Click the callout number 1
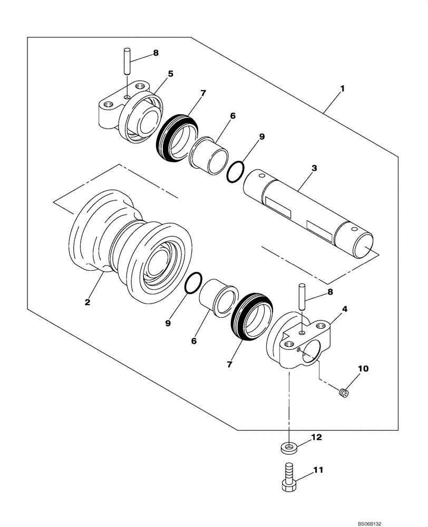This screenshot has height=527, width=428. pos(342,89)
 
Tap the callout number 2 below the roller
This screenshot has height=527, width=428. pos(87,302)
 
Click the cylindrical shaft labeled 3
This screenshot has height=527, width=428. pos(308,211)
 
